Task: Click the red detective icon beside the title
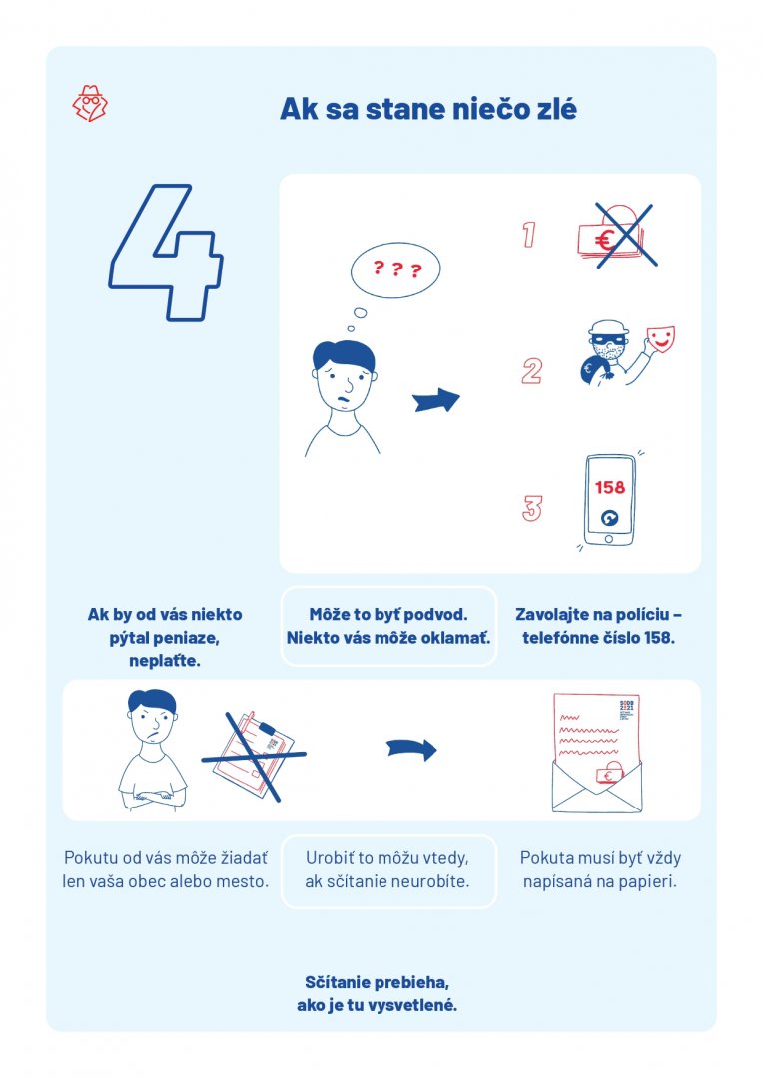[90, 104]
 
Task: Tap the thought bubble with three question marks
[394, 269]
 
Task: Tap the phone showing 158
[609, 500]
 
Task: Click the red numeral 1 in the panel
[528, 234]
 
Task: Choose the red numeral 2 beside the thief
[532, 371]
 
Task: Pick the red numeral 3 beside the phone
[532, 508]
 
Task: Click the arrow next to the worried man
[436, 399]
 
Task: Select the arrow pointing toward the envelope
[411, 749]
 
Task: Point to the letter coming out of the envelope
[597, 736]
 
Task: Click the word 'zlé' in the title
[553, 109]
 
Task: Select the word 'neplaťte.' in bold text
[165, 661]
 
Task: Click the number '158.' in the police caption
[659, 637]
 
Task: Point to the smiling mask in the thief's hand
[660, 339]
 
